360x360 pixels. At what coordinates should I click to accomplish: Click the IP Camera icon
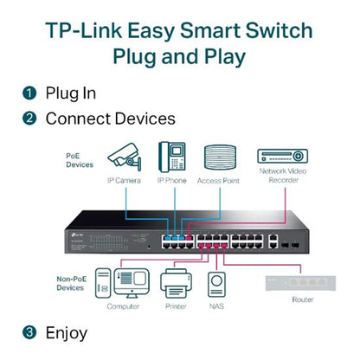(125, 157)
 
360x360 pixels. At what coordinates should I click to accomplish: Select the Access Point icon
(218, 157)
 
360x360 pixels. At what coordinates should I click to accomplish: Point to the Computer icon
(122, 283)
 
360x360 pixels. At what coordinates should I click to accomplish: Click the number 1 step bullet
(29, 93)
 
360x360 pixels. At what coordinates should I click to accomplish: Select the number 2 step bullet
(29, 118)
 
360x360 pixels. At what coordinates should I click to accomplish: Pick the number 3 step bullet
(29, 331)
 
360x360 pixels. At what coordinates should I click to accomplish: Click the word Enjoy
(66, 331)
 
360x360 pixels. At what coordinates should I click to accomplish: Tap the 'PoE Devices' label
(79, 159)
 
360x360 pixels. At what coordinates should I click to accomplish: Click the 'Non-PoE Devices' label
(77, 283)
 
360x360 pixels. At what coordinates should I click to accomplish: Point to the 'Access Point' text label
(218, 180)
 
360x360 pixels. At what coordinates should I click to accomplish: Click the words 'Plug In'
(70, 93)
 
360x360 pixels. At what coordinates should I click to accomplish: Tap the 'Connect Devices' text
(110, 118)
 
